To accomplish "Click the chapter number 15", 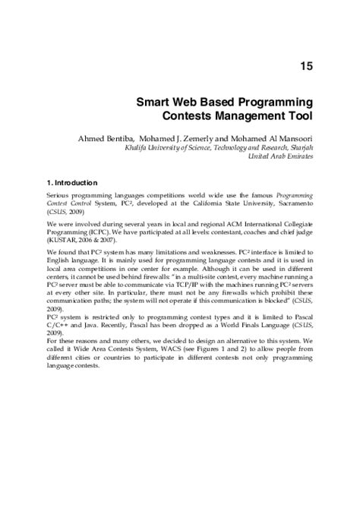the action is (x=307, y=67).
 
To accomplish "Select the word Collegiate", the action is (x=292, y=224).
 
